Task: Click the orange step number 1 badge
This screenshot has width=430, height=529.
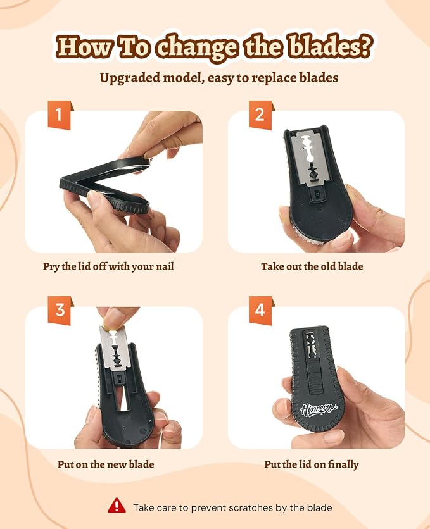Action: pyautogui.click(x=60, y=115)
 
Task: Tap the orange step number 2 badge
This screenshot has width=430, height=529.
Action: pyautogui.click(x=261, y=115)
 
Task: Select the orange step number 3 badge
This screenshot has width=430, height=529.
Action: pyautogui.click(x=60, y=311)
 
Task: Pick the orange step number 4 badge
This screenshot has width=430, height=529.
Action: pyautogui.click(x=261, y=311)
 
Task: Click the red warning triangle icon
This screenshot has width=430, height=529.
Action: pyautogui.click(x=117, y=506)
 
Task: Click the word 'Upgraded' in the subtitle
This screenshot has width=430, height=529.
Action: pyautogui.click(x=130, y=78)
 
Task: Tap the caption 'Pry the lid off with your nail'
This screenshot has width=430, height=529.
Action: pyautogui.click(x=108, y=266)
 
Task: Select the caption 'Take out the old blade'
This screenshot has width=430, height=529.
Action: pyautogui.click(x=312, y=266)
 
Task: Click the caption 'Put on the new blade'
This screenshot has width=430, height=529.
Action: pyautogui.click(x=106, y=464)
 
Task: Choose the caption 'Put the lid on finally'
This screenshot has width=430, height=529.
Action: pyautogui.click(x=311, y=464)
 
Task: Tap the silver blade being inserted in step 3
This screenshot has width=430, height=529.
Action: pyautogui.click(x=114, y=347)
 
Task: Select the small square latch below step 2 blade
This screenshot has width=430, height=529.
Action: pyautogui.click(x=317, y=194)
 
